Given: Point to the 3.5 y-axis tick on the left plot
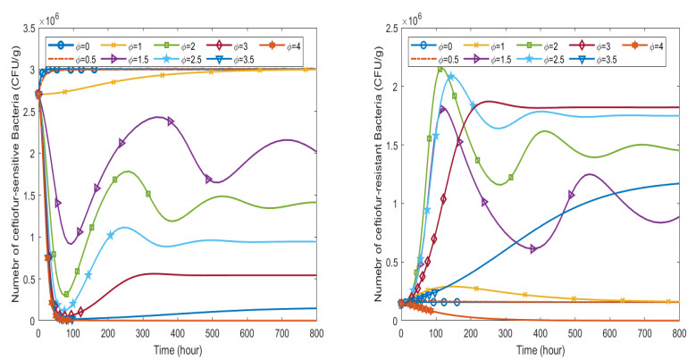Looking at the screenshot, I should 27,29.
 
